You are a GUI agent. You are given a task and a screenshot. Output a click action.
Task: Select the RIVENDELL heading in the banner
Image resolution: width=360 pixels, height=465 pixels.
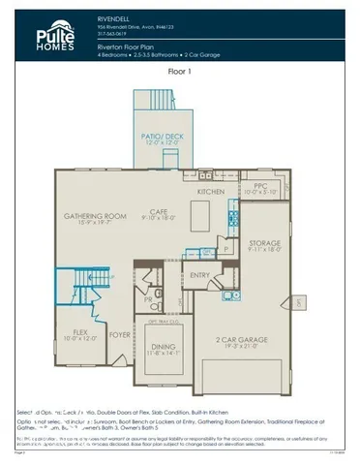[x=114, y=16]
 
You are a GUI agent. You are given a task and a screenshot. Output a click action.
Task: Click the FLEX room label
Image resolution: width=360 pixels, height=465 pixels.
[x=75, y=332]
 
